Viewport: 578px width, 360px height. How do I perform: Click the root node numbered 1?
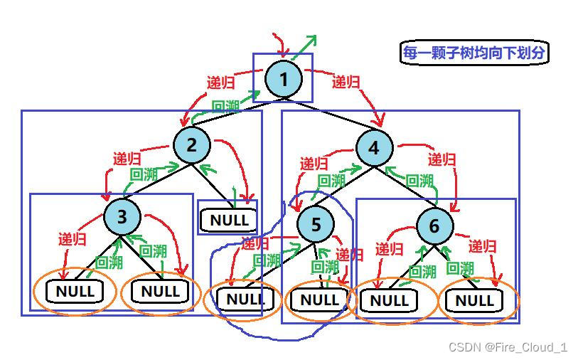[x=284, y=79]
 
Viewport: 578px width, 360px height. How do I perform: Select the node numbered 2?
[x=192, y=145]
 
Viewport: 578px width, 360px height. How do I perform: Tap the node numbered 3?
[x=122, y=216]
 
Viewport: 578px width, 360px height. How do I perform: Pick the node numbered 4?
[x=375, y=149]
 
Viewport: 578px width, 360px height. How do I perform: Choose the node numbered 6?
[x=434, y=227]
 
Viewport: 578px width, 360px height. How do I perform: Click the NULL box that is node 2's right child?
[x=229, y=220]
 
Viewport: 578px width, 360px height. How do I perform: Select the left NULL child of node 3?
[x=75, y=291]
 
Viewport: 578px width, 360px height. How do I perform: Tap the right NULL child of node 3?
[x=160, y=291]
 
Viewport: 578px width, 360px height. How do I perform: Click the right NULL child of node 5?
[x=319, y=300]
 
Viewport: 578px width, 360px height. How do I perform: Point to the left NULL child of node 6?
[x=389, y=301]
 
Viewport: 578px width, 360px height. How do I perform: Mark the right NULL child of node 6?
[x=474, y=301]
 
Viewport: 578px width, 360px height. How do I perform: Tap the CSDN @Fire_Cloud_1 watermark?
[x=508, y=346]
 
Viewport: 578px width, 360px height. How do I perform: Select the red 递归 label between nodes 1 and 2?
[x=220, y=83]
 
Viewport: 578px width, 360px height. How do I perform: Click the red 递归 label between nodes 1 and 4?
[x=346, y=83]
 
